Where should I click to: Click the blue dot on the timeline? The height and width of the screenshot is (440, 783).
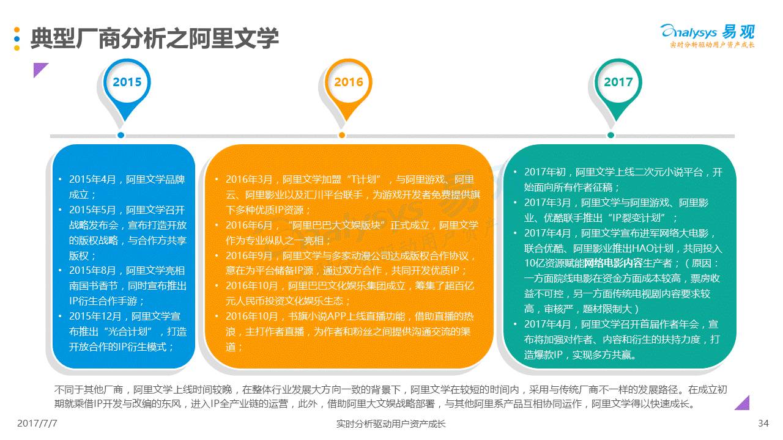[121, 135]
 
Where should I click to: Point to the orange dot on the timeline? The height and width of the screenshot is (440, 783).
[342, 135]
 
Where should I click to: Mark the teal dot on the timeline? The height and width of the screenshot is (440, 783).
[611, 135]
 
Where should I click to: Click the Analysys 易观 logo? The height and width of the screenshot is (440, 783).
[708, 32]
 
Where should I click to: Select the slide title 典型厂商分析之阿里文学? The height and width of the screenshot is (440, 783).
[154, 38]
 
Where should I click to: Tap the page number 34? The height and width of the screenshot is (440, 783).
[763, 424]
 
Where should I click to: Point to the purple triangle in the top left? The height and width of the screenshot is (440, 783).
[40, 70]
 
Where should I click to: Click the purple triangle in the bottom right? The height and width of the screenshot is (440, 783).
[742, 402]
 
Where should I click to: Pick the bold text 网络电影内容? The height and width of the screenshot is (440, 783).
[612, 263]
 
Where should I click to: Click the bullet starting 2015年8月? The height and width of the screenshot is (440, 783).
[127, 285]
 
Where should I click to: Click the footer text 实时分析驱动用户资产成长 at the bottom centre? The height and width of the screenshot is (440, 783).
[391, 424]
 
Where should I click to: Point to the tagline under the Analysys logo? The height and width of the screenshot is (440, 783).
[712, 45]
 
